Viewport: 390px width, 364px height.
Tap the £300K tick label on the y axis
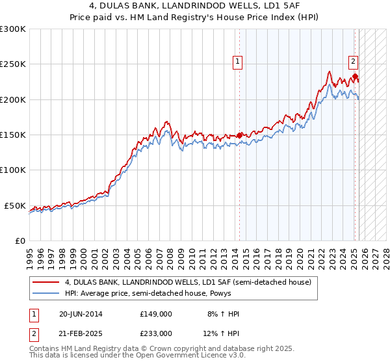point(13,29)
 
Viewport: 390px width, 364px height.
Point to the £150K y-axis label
point(13,135)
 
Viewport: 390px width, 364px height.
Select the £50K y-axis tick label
point(16,205)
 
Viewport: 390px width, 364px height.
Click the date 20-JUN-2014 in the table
point(81,314)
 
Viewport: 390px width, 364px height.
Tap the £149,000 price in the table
point(155,314)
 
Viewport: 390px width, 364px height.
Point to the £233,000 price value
point(155,333)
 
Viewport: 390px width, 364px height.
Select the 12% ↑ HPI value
point(222,333)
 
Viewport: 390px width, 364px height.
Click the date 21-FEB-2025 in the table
point(81,333)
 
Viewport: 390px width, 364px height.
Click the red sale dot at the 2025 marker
point(355,77)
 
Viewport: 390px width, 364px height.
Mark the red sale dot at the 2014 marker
point(239,135)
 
